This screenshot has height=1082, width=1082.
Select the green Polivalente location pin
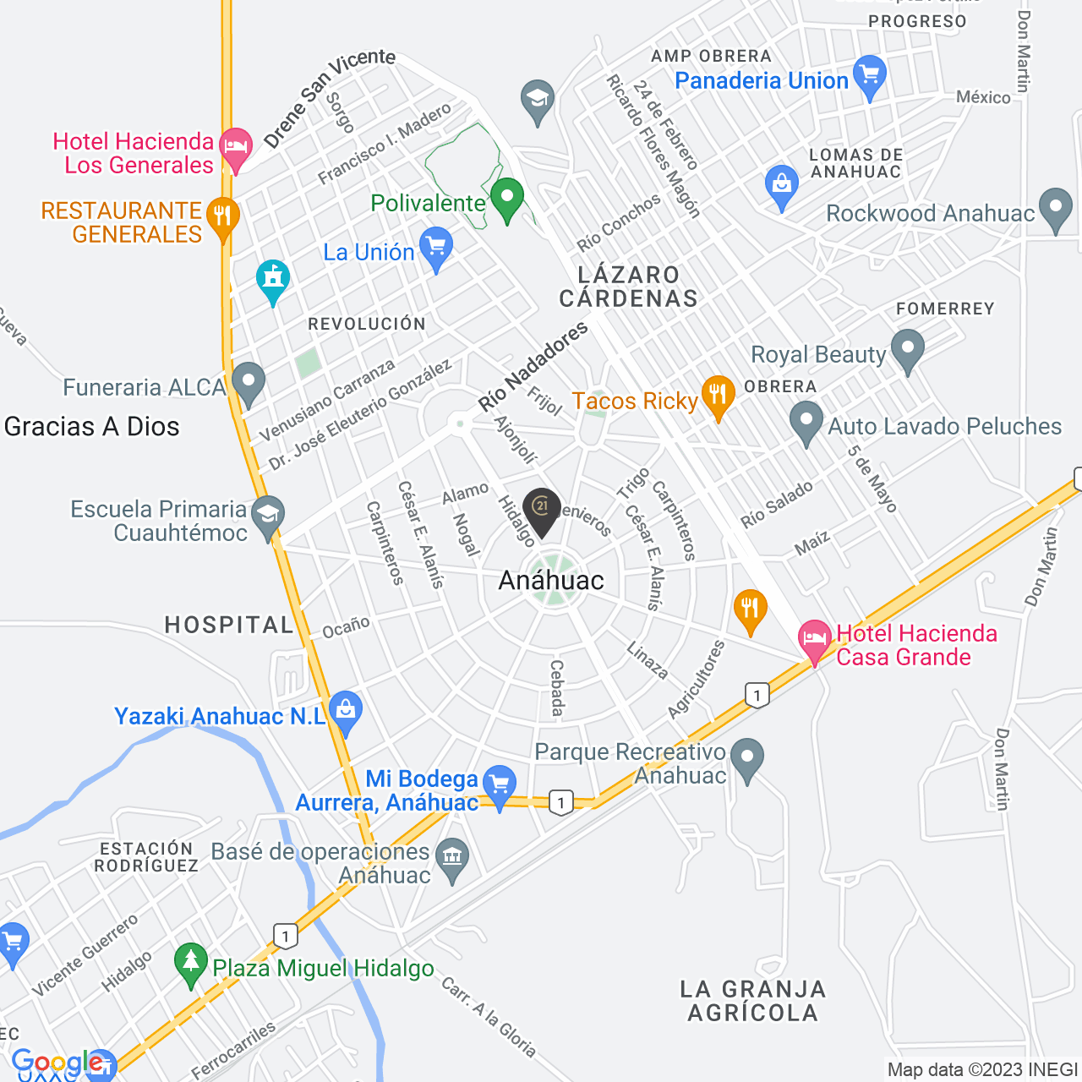click(x=507, y=199)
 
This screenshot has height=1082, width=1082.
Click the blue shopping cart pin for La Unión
click(x=436, y=249)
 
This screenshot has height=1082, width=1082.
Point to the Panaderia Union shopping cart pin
click(x=870, y=77)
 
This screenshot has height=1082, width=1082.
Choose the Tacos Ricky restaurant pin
click(x=718, y=396)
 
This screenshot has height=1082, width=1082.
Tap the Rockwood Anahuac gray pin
click(x=1055, y=209)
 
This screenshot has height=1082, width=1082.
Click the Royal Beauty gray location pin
click(x=908, y=351)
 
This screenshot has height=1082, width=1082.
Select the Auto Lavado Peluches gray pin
click(x=806, y=422)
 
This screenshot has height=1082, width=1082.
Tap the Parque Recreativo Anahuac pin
click(x=747, y=759)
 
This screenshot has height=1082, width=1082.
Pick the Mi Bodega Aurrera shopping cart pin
click(x=499, y=786)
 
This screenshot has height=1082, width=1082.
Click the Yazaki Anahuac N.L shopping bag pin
click(x=346, y=712)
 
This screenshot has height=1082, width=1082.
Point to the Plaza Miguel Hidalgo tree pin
click(x=191, y=964)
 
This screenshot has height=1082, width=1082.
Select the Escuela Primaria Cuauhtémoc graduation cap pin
click(x=268, y=517)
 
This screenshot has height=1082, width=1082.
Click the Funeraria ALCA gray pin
click(x=249, y=383)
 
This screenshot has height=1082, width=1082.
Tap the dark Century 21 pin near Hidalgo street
click(x=542, y=510)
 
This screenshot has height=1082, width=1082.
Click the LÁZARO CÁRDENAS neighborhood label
click(x=629, y=287)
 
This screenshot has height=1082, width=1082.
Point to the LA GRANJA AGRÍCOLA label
click(x=752, y=1001)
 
